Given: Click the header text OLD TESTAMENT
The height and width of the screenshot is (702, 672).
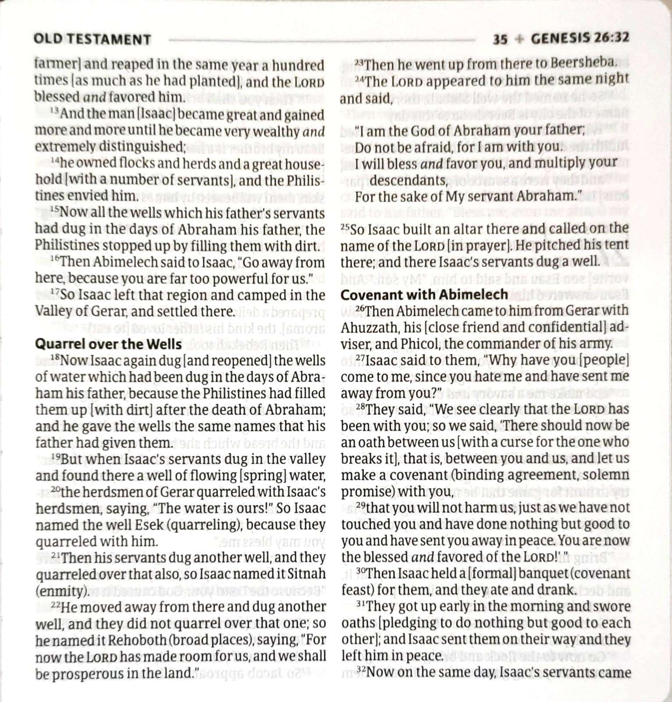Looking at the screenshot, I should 92,39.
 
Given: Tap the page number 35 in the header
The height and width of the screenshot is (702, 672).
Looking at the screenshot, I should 500,39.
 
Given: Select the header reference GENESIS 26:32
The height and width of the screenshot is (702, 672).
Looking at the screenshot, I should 580,38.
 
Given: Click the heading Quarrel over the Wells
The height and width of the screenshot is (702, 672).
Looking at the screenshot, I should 108,344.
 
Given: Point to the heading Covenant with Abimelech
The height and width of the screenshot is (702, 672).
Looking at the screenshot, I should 424,295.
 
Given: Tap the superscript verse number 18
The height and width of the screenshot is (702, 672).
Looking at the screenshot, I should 55,358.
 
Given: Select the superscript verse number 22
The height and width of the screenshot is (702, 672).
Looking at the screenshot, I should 55,605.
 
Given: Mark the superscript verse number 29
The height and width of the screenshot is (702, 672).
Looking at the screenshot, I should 360,505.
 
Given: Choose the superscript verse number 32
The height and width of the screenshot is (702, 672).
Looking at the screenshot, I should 360,670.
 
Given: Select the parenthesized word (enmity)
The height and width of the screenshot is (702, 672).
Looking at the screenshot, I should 62,591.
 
